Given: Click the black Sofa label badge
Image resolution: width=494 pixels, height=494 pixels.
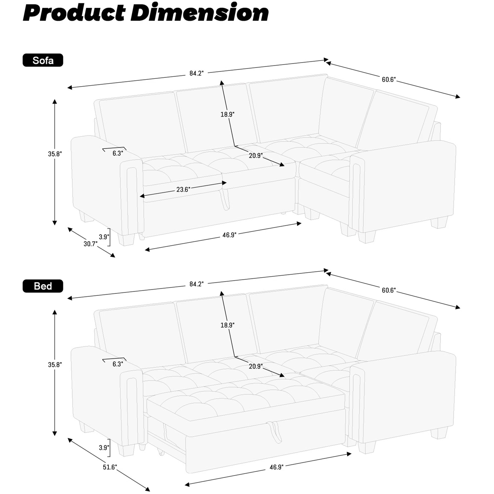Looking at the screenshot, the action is click(43, 60).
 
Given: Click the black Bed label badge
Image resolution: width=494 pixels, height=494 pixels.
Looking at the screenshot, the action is click(43, 286).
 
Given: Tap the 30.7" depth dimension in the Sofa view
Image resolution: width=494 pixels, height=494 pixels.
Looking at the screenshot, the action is click(90, 244).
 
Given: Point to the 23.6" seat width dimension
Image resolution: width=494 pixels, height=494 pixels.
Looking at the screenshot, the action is click(183, 189).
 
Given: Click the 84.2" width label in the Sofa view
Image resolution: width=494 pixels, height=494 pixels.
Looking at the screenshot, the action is click(196, 73).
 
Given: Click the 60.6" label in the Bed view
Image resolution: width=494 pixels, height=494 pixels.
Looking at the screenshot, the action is click(389, 290).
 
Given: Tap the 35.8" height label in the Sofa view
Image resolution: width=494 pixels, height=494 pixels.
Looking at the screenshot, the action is click(55, 154).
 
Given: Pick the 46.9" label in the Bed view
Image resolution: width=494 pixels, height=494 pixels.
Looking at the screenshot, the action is click(277, 467).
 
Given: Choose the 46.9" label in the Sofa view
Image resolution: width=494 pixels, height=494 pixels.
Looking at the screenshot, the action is click(229, 235).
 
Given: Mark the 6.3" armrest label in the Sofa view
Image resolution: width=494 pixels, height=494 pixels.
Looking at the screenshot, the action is click(118, 153).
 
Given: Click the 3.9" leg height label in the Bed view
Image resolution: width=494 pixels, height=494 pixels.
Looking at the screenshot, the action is click(104, 448).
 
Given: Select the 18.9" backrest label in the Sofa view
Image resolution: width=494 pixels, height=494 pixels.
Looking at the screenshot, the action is click(227, 114).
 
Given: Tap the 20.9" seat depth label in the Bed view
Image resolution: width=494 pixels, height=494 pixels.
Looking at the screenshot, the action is click(256, 366).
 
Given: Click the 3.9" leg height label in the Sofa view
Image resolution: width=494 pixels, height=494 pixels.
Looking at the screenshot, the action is click(104, 237).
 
